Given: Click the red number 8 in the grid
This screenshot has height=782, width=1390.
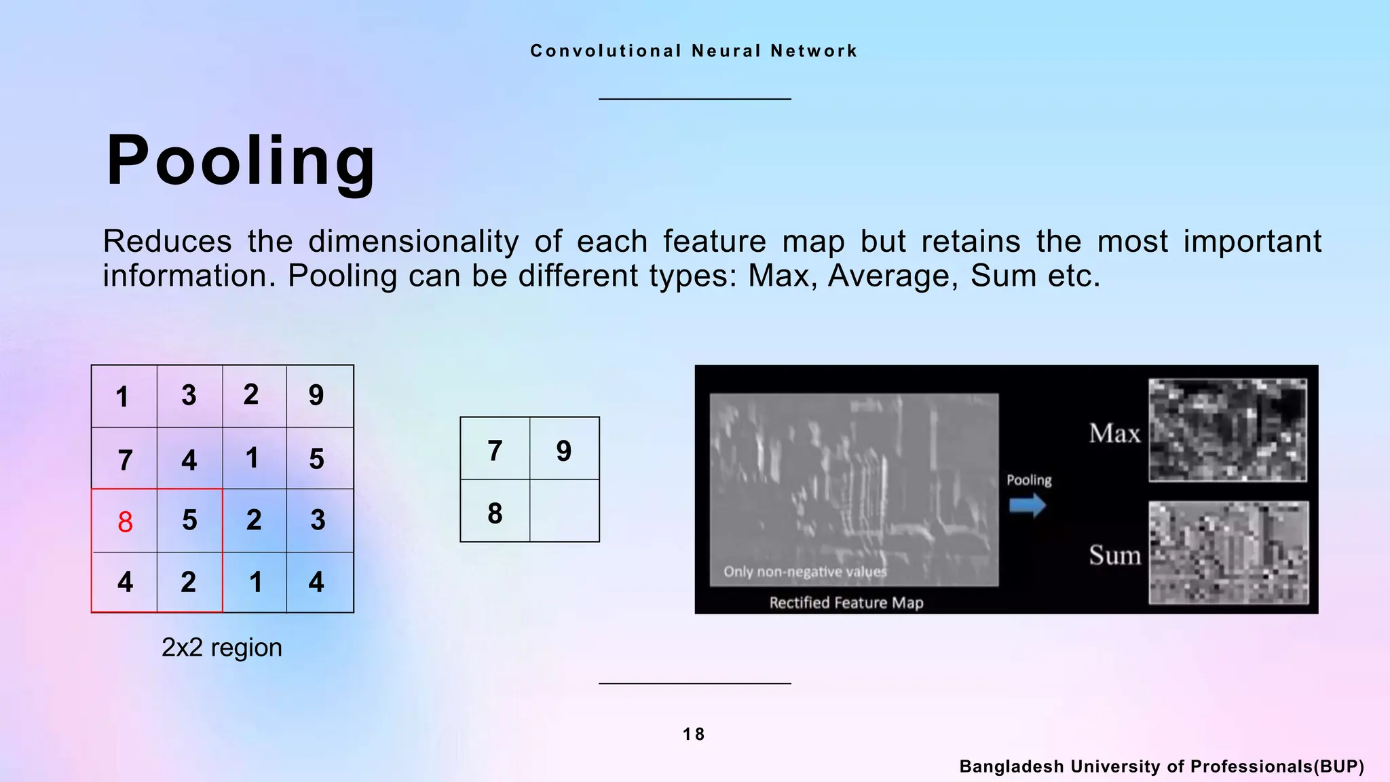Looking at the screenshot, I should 125,522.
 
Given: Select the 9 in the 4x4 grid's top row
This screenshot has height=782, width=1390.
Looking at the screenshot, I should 316,395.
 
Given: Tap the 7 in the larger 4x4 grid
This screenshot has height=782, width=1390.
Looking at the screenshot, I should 125,460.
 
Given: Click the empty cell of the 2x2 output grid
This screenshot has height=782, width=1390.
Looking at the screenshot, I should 564,510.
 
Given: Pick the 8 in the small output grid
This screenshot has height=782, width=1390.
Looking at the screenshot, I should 495,513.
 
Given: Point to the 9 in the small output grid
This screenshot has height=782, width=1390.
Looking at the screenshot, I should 564,451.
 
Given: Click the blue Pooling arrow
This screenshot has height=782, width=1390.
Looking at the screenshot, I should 1027,505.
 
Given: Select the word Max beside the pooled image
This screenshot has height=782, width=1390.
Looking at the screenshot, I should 1114,433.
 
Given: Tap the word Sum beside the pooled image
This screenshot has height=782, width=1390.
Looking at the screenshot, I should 1114,555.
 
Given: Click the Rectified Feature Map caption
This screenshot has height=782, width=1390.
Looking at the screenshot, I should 846,603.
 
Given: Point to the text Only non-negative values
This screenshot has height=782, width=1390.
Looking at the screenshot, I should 805,572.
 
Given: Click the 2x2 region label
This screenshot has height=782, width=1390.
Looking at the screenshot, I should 221,648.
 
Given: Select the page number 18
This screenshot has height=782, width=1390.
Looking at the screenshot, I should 694,734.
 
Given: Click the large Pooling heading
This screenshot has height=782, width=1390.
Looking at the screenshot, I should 241,161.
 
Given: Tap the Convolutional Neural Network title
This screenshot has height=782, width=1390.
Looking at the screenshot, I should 694,51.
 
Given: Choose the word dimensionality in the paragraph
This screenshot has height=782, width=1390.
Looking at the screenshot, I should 413,242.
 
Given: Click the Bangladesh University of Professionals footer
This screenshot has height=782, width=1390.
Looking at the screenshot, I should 1161,766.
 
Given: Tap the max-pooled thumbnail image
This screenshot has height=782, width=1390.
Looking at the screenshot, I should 1227,430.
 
